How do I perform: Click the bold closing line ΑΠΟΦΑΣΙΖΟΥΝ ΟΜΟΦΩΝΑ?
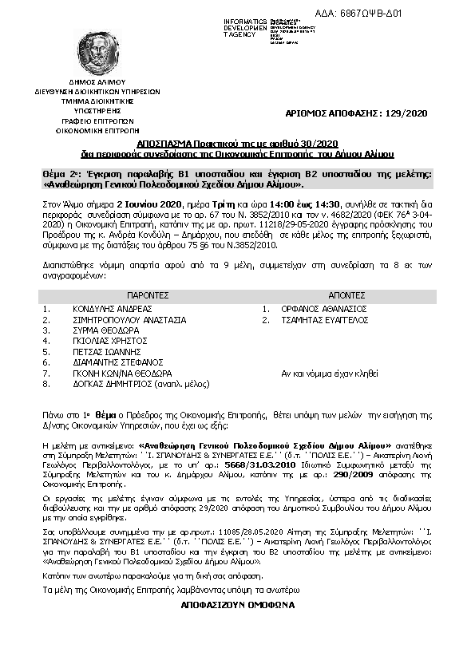point(238,605)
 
